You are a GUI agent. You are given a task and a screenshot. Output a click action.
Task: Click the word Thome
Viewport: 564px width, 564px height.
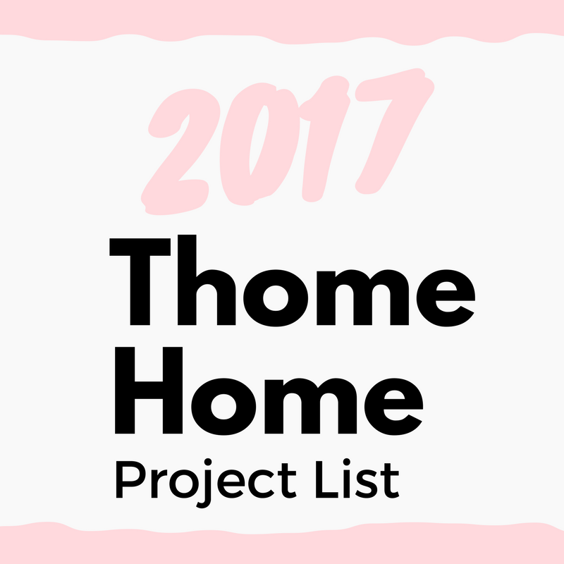coord(293,281)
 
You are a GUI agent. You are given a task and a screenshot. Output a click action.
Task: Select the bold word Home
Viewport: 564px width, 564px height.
coord(269,391)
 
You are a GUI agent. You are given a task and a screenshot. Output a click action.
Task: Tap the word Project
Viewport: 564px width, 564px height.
coord(206,483)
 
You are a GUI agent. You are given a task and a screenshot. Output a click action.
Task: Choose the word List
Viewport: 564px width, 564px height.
coord(357,479)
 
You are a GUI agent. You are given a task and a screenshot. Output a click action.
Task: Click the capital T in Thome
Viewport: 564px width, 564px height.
coord(140,281)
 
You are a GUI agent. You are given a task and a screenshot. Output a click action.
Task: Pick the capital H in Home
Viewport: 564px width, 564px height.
coord(149,391)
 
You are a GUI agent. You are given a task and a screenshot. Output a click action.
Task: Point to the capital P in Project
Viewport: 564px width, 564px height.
coord(130,479)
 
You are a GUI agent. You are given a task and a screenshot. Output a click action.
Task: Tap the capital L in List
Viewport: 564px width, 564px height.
coord(326,479)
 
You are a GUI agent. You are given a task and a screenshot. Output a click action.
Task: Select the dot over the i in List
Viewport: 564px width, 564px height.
coord(347,462)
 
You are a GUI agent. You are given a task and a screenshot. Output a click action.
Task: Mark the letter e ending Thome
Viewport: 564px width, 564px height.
coord(446,298)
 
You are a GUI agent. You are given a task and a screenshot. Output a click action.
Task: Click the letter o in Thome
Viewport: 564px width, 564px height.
coord(276,298)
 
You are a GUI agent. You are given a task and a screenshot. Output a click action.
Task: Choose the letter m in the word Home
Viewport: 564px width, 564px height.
coord(311,406)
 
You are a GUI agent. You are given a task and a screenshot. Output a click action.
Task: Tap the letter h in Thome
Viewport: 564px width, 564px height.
coord(207,280)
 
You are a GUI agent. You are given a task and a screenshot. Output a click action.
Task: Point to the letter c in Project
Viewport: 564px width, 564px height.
coord(262,484)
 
